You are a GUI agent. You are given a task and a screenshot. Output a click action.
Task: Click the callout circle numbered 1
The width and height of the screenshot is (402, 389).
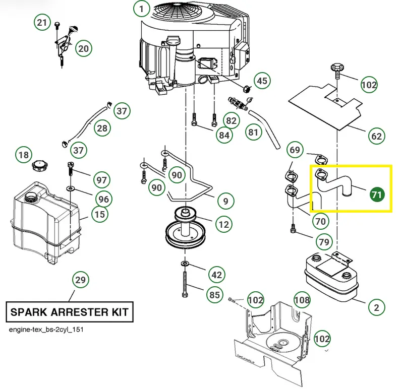142,9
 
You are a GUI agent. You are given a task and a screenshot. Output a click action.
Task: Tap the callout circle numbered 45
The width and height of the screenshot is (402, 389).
261,81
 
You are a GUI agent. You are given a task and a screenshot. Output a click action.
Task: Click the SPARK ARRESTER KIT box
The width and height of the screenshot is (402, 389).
70,312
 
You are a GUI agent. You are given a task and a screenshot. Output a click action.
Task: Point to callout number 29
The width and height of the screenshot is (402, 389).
80,280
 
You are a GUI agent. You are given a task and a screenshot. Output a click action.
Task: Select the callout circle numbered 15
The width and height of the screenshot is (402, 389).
100,215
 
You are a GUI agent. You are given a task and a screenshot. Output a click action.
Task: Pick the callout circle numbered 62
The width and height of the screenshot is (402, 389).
377,136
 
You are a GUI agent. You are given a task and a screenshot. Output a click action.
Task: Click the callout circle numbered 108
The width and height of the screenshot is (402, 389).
302,300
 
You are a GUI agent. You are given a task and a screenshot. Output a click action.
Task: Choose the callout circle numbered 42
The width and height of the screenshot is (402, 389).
216,275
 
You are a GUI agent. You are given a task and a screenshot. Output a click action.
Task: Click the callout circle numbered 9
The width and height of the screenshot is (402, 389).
225,201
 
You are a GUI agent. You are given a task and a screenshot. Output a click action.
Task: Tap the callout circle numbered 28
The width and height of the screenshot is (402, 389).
102,128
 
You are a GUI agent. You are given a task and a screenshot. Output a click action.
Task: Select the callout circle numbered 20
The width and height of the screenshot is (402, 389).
83,48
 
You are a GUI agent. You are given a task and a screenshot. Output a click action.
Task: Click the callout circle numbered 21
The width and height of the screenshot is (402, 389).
42,23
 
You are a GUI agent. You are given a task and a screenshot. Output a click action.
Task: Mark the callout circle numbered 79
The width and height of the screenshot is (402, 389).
324,242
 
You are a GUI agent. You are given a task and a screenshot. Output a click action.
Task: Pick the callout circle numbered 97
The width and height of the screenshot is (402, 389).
102,180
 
